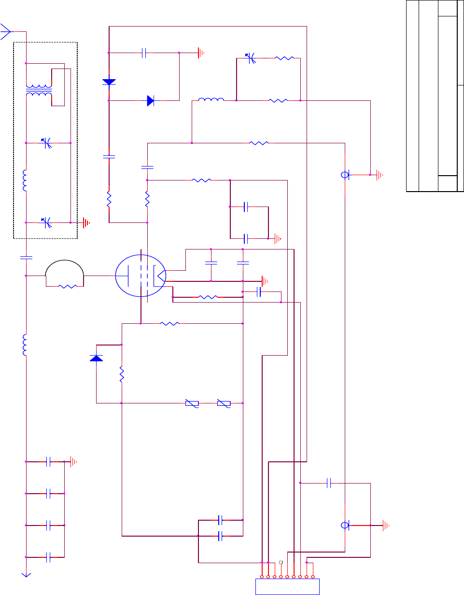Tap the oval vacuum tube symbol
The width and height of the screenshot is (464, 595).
click(x=141, y=276)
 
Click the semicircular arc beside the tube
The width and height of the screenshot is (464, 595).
click(x=64, y=268)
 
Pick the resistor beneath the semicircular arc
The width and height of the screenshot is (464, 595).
click(x=67, y=286)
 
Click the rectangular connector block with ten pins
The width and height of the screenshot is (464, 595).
click(x=287, y=587)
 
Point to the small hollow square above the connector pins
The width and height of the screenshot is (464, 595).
click(x=281, y=562)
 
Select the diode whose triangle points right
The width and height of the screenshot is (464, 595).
click(x=151, y=100)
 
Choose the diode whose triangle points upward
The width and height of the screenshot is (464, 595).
click(x=97, y=358)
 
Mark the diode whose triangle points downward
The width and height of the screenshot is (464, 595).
click(x=109, y=82)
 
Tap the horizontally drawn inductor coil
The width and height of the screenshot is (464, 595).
click(x=211, y=100)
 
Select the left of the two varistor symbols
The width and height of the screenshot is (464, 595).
click(x=192, y=403)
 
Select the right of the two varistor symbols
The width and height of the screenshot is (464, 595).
click(x=224, y=403)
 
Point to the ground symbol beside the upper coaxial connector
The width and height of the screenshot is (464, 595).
click(x=380, y=175)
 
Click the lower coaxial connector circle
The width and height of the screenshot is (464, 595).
click(x=345, y=525)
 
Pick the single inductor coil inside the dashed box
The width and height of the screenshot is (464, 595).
click(x=26, y=180)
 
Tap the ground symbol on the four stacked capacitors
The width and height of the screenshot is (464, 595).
click(x=73, y=462)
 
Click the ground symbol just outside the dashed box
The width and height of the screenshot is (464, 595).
click(x=86, y=222)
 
